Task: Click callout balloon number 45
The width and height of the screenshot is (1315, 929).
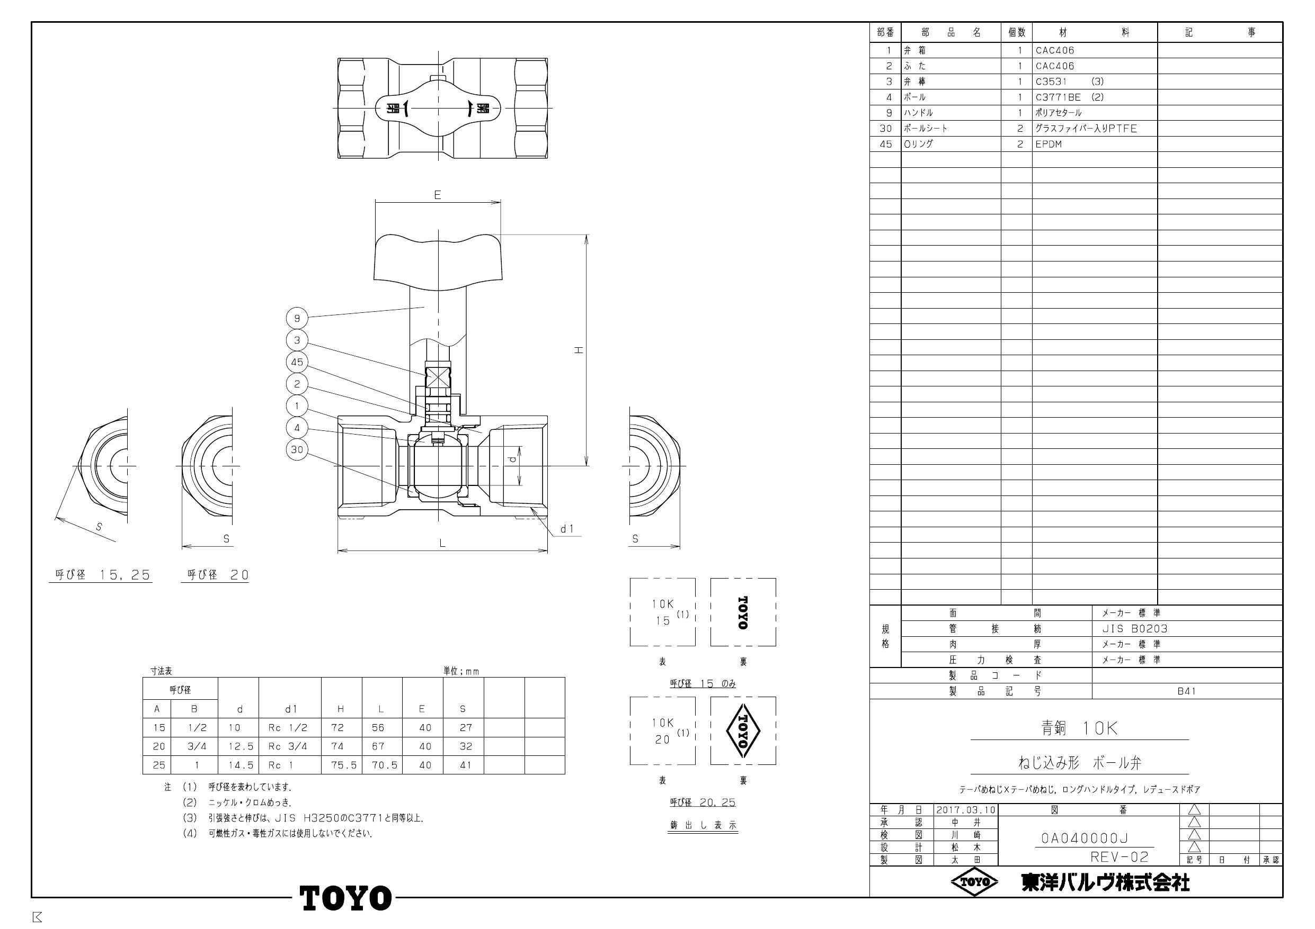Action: pos(297,362)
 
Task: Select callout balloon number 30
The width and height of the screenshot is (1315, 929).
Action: pos(297,450)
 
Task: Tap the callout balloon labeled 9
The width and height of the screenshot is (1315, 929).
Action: pos(297,318)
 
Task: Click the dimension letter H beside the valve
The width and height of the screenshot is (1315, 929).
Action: pos(579,350)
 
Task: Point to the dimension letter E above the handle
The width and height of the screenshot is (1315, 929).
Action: pos(438,195)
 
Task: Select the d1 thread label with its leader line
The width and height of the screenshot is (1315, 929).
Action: pos(567,529)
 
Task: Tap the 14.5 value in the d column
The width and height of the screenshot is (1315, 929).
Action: pos(240,765)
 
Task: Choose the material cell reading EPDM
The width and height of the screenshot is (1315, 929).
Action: pos(1049,144)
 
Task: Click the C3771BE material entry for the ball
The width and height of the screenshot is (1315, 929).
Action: pos(1059,97)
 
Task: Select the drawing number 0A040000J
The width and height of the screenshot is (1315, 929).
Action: pos(1084,838)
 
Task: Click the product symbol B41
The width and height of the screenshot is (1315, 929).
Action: pos(1186,691)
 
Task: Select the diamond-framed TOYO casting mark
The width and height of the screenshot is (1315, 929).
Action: pos(743,731)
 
